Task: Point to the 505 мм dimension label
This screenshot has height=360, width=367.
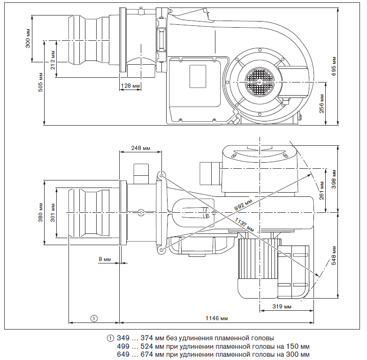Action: [x=40, y=82]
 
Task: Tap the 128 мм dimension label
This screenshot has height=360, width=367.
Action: [x=131, y=86]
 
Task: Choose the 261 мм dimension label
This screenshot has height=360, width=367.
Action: [x=321, y=191]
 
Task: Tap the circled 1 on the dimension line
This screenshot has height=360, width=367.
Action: [x=94, y=318]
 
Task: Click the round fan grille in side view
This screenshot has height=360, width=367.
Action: [x=259, y=80]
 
